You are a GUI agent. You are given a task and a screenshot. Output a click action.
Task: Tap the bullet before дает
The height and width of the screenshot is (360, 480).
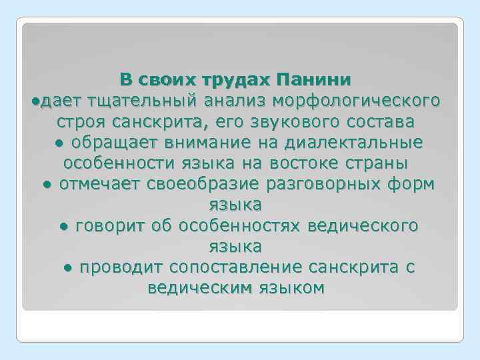[35, 101]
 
